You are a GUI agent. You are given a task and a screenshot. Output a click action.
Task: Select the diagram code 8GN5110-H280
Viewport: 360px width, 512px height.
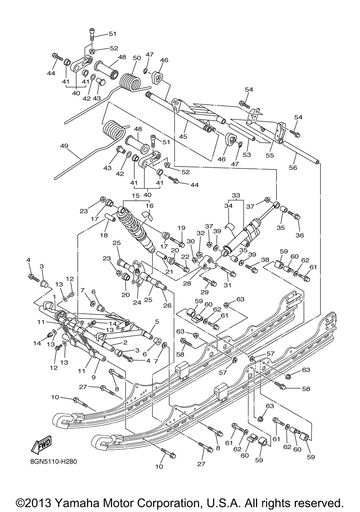coord(54,462)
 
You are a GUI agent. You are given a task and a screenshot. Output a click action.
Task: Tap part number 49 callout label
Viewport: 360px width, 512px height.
coord(64,146)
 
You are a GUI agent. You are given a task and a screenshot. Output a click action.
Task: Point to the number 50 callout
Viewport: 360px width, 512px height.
coord(137,58)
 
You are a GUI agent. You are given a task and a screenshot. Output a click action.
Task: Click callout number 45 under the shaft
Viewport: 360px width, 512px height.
coord(183,136)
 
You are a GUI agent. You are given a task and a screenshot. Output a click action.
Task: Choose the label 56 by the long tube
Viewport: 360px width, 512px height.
coord(293,168)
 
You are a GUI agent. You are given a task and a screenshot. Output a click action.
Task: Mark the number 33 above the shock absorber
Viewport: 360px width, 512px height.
coord(236,195)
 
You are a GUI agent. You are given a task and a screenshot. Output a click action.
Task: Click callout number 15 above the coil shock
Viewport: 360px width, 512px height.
coord(136,196)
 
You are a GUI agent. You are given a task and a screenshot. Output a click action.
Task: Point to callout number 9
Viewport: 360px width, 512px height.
coord(94,377)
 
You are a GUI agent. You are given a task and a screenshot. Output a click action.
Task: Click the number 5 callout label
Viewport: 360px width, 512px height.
coord(157,321)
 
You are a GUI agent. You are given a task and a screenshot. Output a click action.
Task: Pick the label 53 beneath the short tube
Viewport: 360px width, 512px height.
coord(247,155)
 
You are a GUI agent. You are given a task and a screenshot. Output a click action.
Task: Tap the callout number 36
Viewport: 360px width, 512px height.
coord(300,235)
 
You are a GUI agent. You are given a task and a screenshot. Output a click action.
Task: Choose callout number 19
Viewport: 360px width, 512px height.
coord(181,228)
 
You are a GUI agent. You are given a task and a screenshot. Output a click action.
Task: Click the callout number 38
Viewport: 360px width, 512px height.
coord(265,260)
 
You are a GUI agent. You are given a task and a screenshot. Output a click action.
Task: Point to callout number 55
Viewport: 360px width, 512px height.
coord(270,155)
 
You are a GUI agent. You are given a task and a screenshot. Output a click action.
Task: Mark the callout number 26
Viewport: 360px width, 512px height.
coord(167,305)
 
